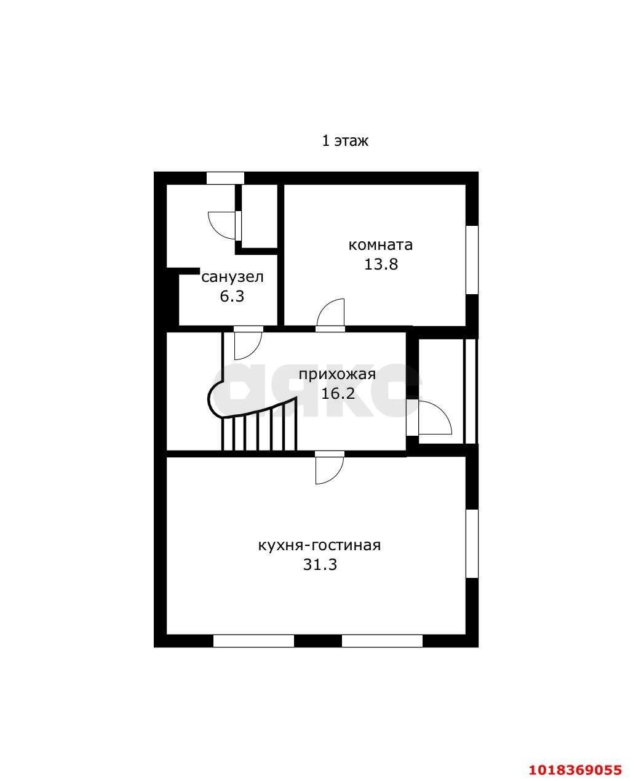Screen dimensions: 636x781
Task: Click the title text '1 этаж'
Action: (344, 141)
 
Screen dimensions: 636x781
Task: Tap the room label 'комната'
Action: (380, 244)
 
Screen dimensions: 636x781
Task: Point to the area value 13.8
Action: (381, 264)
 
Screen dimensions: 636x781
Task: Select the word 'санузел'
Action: (233, 277)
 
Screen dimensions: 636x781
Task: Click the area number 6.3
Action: (232, 296)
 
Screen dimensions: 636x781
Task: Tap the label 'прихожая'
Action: (337, 375)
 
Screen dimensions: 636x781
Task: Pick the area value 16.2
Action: (338, 394)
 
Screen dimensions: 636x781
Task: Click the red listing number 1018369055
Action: (575, 759)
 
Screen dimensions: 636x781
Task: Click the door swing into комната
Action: (331, 312)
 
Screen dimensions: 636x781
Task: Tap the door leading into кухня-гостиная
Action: (330, 470)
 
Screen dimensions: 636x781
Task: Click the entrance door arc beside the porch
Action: (435, 418)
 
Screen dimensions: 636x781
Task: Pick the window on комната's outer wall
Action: (472, 260)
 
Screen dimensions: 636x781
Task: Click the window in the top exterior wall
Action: (225, 178)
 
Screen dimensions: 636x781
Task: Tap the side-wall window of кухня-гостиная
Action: (472, 544)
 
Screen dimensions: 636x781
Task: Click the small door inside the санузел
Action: (222, 225)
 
